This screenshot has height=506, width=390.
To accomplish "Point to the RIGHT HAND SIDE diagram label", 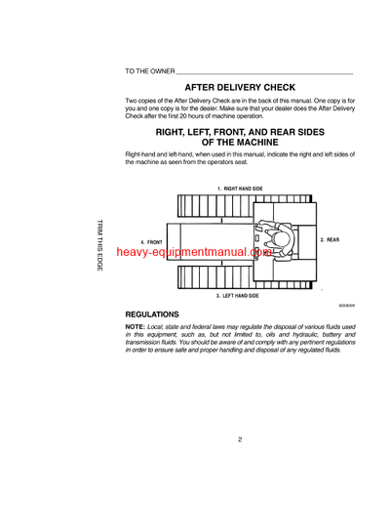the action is pyautogui.click(x=240, y=187).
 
